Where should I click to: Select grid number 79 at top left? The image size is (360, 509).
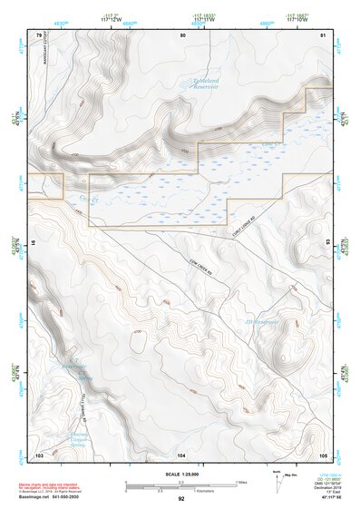point(39,34)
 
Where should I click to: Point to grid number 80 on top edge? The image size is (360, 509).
point(182,34)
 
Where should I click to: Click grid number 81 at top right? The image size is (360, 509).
point(324,34)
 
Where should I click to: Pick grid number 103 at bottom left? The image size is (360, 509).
point(39,453)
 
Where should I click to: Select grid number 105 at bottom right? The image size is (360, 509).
point(323,453)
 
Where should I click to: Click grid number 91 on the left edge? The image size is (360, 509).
point(33,243)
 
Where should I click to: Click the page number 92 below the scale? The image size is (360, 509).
point(181,498)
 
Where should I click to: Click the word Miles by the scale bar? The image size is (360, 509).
point(242,482)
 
